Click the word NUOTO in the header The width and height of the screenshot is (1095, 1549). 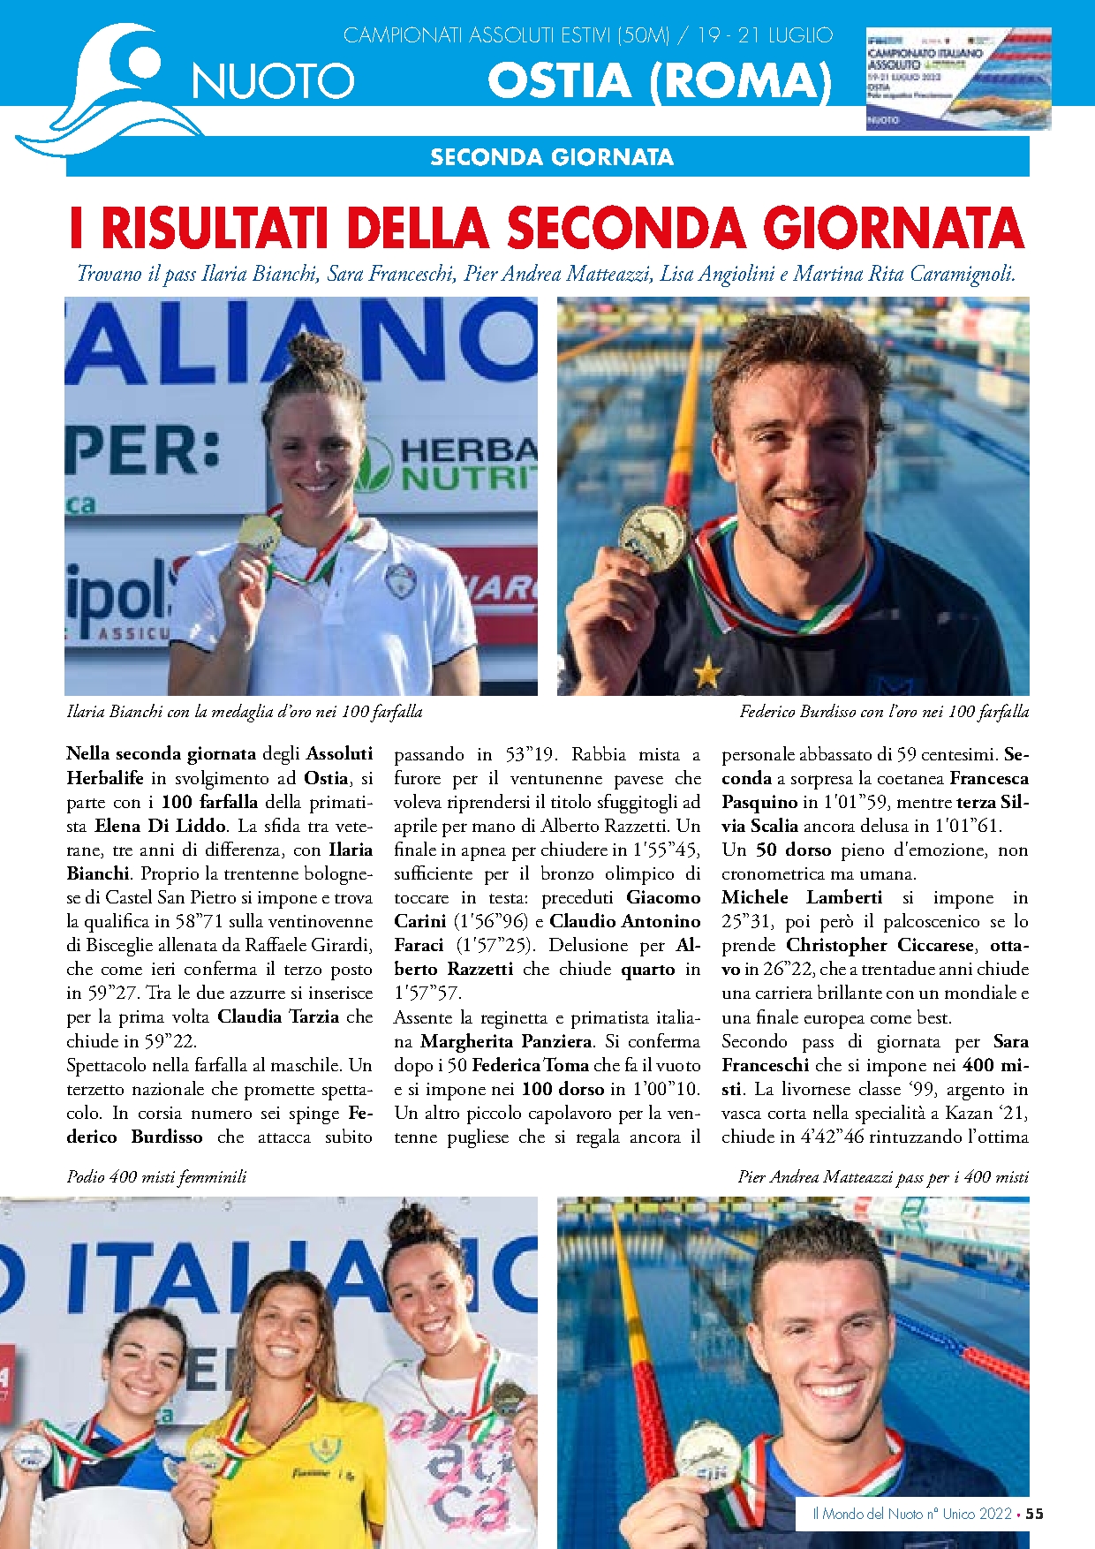(273, 82)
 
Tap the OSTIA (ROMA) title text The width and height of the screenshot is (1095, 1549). (660, 80)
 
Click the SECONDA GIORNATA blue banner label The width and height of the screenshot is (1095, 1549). (551, 157)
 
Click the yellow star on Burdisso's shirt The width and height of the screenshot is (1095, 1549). (707, 675)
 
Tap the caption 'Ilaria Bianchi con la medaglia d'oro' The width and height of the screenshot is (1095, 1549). (245, 712)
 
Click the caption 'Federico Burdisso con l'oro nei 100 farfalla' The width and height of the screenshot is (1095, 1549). (884, 712)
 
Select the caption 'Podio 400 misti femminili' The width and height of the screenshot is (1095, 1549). (156, 1177)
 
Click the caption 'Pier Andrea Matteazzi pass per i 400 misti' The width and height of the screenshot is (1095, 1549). (883, 1177)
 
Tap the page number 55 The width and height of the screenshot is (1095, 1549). (1035, 1514)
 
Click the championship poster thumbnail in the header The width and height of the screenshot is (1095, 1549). (958, 79)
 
